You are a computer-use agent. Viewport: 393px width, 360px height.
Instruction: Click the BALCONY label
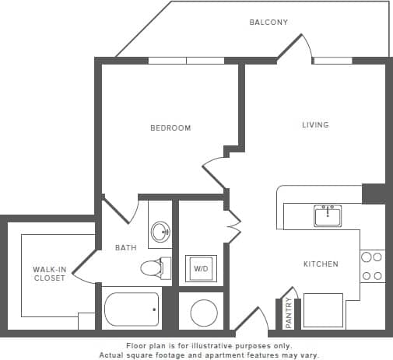(x=268, y=23)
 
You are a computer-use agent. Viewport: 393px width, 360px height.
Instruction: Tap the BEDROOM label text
(x=170, y=128)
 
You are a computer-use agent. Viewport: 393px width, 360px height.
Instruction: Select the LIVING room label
(x=315, y=124)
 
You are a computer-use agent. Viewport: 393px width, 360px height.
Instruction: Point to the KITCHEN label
(x=321, y=264)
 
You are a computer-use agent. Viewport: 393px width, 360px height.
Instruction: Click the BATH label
(x=126, y=249)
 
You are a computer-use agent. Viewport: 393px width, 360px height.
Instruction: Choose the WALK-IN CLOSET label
(x=49, y=274)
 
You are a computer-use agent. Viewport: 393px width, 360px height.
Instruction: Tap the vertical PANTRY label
(x=289, y=313)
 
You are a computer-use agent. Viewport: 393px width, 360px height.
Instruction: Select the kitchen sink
(x=328, y=215)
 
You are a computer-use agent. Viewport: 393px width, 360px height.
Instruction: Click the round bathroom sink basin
(x=160, y=231)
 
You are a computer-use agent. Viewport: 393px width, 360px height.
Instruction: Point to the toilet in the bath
(x=153, y=268)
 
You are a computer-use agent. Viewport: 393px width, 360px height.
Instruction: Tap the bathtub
(x=132, y=309)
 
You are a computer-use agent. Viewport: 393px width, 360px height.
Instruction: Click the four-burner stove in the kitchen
(x=372, y=266)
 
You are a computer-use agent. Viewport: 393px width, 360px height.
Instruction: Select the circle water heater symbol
(x=203, y=313)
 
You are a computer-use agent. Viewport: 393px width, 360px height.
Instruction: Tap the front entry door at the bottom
(x=251, y=320)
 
